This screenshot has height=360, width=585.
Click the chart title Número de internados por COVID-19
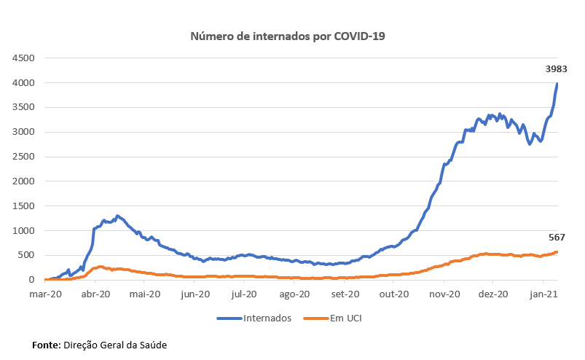tap(287, 36)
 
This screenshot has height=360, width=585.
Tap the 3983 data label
tap(557, 69)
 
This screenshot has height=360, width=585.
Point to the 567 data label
tap(557, 237)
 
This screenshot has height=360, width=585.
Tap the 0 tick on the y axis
tap(32, 280)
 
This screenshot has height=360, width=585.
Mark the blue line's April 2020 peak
tap(117, 216)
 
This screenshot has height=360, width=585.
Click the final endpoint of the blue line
tap(557, 84)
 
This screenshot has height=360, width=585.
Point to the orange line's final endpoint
tap(557, 252)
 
